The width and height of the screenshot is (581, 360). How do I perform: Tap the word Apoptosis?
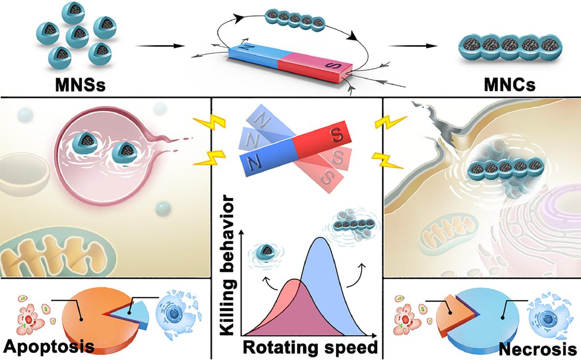(48, 346)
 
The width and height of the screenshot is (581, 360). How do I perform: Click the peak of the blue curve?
(320, 239)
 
